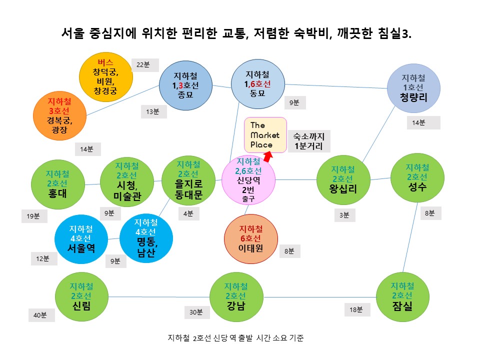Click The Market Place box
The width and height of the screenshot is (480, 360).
click(x=265, y=135)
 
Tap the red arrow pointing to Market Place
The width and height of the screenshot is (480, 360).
click(x=268, y=156)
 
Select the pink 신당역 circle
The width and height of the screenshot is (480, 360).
click(x=248, y=180)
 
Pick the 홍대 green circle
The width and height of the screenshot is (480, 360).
click(x=58, y=183)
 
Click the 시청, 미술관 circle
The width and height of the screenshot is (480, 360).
click(x=126, y=182)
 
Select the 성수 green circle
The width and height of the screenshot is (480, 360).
click(x=416, y=177)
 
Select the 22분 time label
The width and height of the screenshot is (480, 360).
click(x=143, y=64)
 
